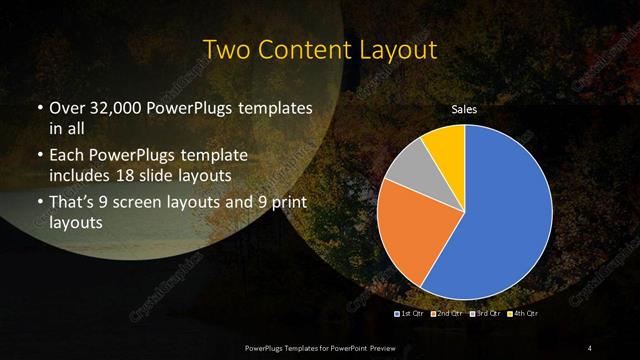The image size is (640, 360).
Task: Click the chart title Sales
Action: tap(465, 109)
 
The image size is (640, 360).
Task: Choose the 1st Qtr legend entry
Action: tap(413, 314)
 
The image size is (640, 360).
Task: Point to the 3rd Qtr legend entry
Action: tap(484, 314)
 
